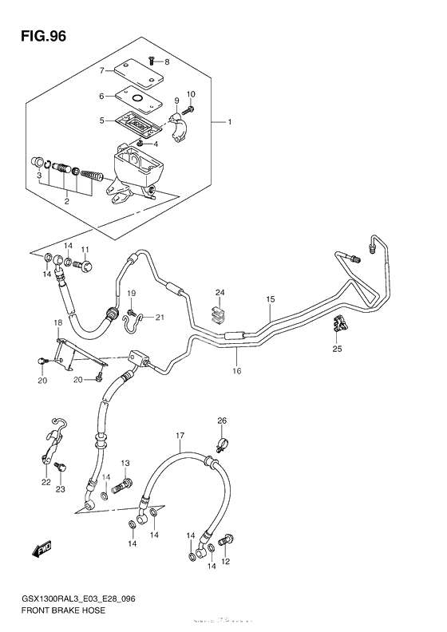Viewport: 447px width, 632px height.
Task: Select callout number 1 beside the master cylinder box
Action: click(x=229, y=123)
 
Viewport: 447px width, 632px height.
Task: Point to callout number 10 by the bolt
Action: click(x=190, y=95)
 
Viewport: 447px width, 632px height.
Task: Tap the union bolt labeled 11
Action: click(x=85, y=263)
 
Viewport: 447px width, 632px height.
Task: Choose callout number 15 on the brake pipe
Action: click(x=271, y=299)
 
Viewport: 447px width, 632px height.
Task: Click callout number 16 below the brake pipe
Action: click(x=236, y=371)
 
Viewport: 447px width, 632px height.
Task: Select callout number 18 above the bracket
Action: click(x=57, y=322)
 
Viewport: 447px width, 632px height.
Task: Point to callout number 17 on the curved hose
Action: click(x=180, y=435)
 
